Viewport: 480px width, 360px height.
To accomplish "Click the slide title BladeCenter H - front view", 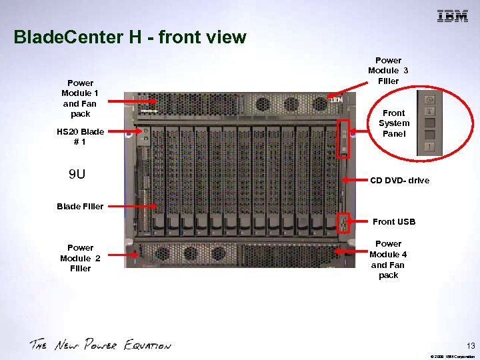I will (x=130, y=37).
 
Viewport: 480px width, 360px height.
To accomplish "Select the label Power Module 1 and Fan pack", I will (x=79, y=99).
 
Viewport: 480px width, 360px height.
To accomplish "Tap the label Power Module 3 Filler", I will (x=388, y=71).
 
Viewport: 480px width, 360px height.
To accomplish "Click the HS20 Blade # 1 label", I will (x=80, y=137).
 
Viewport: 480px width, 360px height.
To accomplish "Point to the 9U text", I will (x=77, y=175).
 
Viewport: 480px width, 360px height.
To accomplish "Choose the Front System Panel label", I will (x=393, y=123).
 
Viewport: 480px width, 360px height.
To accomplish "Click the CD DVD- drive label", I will (x=399, y=181).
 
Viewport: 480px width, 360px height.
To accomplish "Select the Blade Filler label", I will (x=80, y=207).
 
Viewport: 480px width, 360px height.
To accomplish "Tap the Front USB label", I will (x=393, y=222).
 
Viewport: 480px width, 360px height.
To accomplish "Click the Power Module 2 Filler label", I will (x=80, y=258).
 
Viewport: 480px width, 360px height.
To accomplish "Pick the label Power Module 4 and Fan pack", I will (x=388, y=259).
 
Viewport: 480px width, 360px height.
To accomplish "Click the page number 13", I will (x=469, y=345).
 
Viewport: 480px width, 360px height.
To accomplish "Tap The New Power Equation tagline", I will (x=100, y=345).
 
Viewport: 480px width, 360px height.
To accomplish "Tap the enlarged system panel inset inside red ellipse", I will (x=431, y=124).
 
